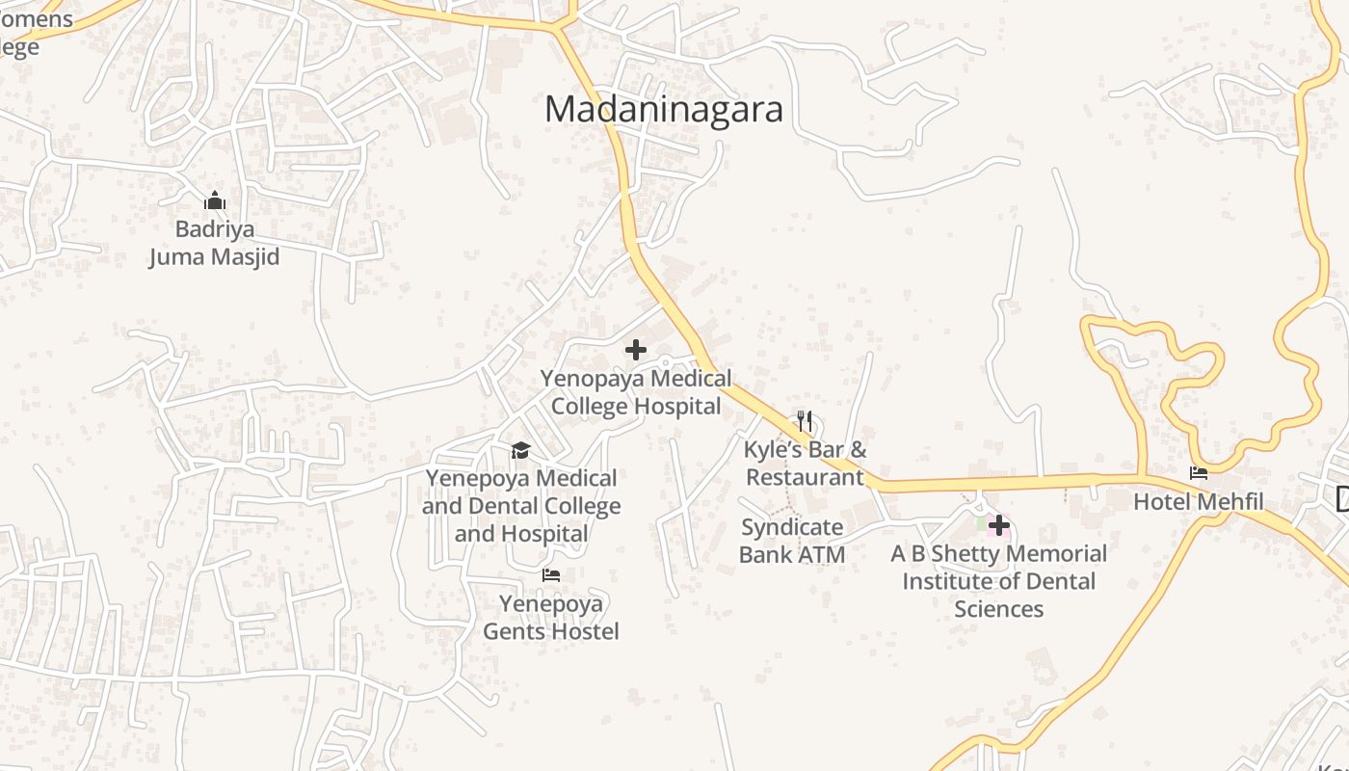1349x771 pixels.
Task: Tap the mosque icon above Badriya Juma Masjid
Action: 215,201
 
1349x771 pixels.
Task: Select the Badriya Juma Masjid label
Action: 214,243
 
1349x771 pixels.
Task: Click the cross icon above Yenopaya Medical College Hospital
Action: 636,350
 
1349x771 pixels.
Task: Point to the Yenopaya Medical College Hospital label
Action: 636,392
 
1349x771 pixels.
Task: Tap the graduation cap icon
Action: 520,450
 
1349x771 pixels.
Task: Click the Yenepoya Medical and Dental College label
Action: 521,492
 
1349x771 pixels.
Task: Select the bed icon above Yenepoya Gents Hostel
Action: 551,575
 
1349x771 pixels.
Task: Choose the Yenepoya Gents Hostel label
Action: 551,617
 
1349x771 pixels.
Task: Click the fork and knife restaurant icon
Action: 805,421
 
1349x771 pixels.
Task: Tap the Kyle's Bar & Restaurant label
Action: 806,464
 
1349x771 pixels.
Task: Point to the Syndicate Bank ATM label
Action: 792,541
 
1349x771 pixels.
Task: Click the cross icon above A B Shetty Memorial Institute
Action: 999,525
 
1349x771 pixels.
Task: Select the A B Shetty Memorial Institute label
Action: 999,568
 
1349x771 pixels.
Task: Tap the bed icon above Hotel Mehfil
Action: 1199,473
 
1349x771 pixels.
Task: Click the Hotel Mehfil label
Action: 1198,501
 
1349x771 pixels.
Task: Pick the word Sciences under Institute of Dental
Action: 999,609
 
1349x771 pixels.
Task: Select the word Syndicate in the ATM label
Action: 792,527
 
